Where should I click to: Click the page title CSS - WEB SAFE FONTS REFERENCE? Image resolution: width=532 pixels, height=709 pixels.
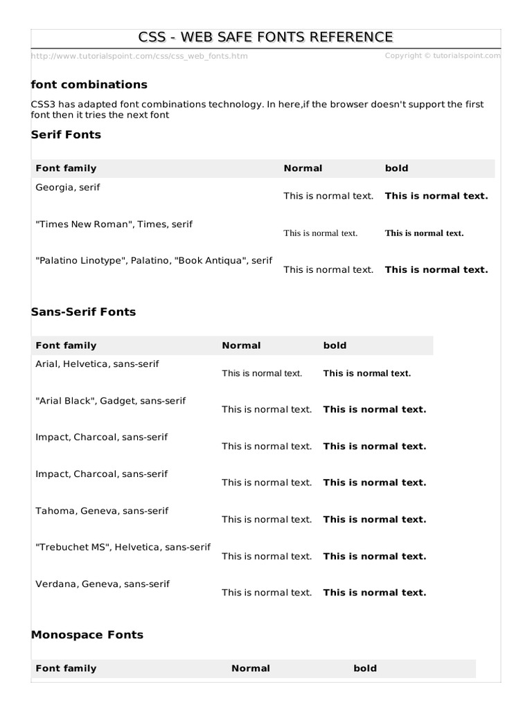[x=266, y=37]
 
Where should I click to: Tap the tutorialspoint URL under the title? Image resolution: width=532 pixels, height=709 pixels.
[x=139, y=56]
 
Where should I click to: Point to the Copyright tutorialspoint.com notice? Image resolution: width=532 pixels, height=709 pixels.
[x=442, y=55]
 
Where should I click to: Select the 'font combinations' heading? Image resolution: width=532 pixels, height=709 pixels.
[x=89, y=84]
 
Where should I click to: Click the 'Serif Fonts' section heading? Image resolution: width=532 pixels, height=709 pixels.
[x=66, y=134]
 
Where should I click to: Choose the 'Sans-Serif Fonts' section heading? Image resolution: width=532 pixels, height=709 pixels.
[x=84, y=312]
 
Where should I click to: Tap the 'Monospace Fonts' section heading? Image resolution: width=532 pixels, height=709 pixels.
[x=87, y=634]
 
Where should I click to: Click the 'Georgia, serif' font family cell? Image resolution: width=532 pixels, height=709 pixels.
[x=68, y=187]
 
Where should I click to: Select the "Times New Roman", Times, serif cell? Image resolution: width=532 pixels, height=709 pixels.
[x=114, y=224]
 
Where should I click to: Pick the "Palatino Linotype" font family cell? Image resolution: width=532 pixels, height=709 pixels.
[x=154, y=260]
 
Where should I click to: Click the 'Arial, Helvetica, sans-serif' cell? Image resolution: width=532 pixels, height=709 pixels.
[x=97, y=364]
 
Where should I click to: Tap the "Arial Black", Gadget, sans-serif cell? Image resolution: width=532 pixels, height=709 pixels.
[x=111, y=400]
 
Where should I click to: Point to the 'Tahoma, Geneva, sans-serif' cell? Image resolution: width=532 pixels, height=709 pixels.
[x=102, y=510]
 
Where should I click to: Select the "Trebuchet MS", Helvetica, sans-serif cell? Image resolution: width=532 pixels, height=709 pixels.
[x=123, y=547]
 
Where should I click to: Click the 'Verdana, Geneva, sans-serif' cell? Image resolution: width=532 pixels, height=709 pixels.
[x=103, y=584]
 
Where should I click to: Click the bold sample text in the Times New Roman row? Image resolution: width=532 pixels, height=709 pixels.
[x=424, y=233]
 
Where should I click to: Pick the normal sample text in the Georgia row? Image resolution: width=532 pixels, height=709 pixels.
[x=328, y=196]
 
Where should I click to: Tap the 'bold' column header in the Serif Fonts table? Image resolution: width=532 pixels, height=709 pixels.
[x=396, y=168]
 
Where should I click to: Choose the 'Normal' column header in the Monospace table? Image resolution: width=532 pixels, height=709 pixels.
[x=251, y=668]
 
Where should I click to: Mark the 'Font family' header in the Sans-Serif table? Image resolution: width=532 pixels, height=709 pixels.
[x=66, y=345]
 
